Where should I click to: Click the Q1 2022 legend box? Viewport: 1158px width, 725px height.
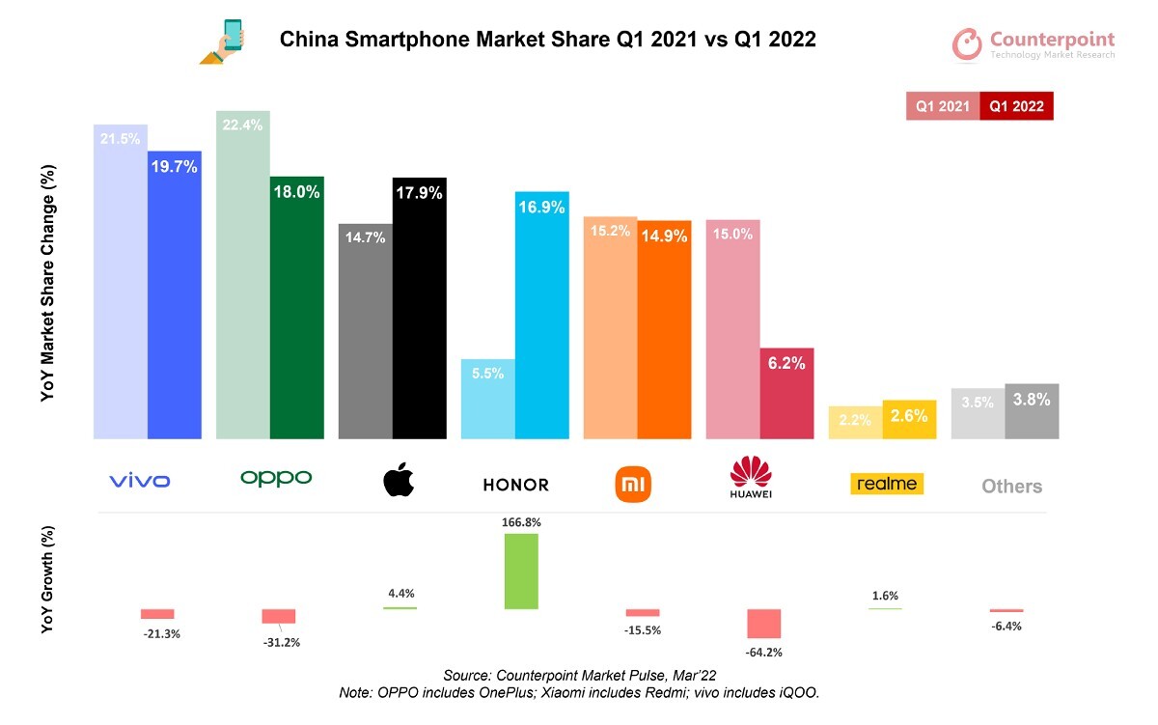pos(1015,106)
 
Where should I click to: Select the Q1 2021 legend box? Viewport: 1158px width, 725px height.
pos(943,106)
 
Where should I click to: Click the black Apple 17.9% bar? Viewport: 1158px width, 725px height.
pos(419,309)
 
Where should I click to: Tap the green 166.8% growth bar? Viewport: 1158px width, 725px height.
pos(521,572)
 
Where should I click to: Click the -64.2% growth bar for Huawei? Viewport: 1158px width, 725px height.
pos(765,624)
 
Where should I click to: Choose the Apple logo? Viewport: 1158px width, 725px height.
pos(399,479)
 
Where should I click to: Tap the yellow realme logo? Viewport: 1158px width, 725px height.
pos(887,483)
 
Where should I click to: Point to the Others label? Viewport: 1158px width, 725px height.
pos(1011,487)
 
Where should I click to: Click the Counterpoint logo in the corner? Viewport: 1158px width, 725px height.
pos(1034,44)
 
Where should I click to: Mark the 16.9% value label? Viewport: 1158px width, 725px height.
pos(540,207)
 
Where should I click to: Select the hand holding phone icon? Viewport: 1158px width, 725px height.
pos(224,43)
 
